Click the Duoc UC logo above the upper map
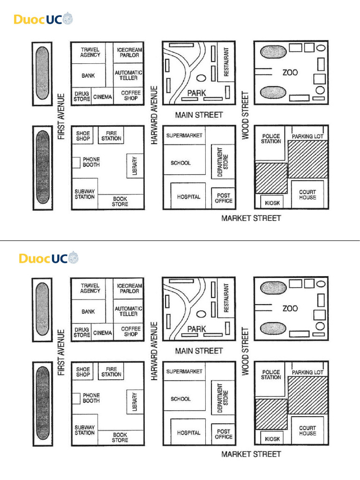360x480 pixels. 43,20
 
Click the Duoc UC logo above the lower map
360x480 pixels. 49,258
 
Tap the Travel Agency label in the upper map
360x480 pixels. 90,52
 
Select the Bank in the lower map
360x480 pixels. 88,311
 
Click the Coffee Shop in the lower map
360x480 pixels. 131,331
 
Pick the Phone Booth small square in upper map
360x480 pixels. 76,163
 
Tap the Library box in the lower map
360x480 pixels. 135,402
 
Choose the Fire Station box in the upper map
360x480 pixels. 111,136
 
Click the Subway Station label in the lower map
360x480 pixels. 84,430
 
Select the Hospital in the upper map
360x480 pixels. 188,197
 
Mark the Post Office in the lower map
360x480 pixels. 224,434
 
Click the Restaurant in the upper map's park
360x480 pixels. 226,62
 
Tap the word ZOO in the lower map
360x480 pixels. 290,308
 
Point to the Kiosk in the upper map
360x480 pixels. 272,203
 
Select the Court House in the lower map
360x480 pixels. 307,430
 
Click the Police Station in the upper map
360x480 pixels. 271,138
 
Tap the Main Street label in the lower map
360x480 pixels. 199,351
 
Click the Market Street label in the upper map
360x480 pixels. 251,218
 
